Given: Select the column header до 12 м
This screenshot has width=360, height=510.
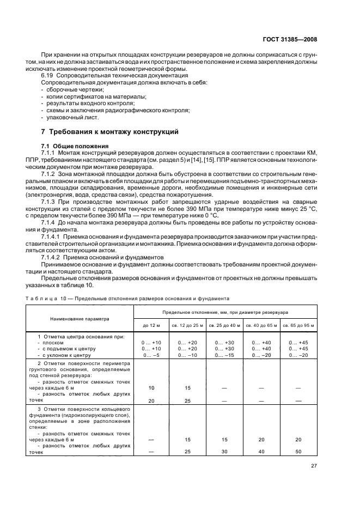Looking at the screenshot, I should pos(151,325).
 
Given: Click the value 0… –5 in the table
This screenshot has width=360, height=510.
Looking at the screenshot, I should pos(151,355).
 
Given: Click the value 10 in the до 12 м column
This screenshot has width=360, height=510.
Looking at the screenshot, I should pos(151,387).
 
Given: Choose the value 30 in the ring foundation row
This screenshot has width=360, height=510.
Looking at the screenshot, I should pos(225,452).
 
